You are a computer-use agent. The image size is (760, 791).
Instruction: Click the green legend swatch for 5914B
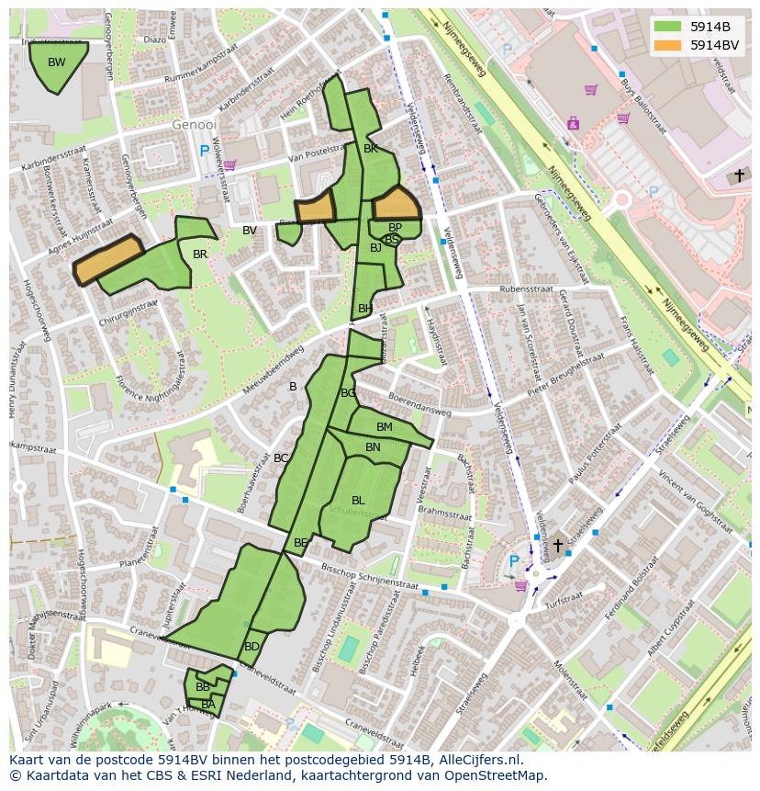pos(668,26)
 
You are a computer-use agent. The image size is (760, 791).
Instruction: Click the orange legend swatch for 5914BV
pos(668,44)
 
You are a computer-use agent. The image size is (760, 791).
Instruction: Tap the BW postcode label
pos(57,62)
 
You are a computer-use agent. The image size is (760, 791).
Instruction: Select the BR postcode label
pos(200,254)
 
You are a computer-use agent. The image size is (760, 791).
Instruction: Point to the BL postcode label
pos(358,501)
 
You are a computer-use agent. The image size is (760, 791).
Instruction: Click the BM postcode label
pos(385,427)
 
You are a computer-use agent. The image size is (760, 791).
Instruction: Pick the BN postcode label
pos(373,447)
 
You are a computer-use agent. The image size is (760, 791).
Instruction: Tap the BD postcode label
pos(251,647)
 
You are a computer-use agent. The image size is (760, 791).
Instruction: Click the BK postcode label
pos(371,148)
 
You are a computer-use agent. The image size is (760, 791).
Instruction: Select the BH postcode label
pos(365,309)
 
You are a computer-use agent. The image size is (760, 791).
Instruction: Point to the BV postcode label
pos(250,231)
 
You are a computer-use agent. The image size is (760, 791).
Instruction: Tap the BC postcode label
pos(281,458)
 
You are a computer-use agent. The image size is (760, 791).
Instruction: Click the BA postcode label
pos(208,705)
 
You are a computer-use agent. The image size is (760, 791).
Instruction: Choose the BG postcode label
pos(348,393)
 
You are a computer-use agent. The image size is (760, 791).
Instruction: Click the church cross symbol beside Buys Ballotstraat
pos(739,175)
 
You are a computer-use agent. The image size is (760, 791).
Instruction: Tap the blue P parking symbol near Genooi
pos(204,151)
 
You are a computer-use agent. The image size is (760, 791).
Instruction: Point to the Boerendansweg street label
pos(419,404)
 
